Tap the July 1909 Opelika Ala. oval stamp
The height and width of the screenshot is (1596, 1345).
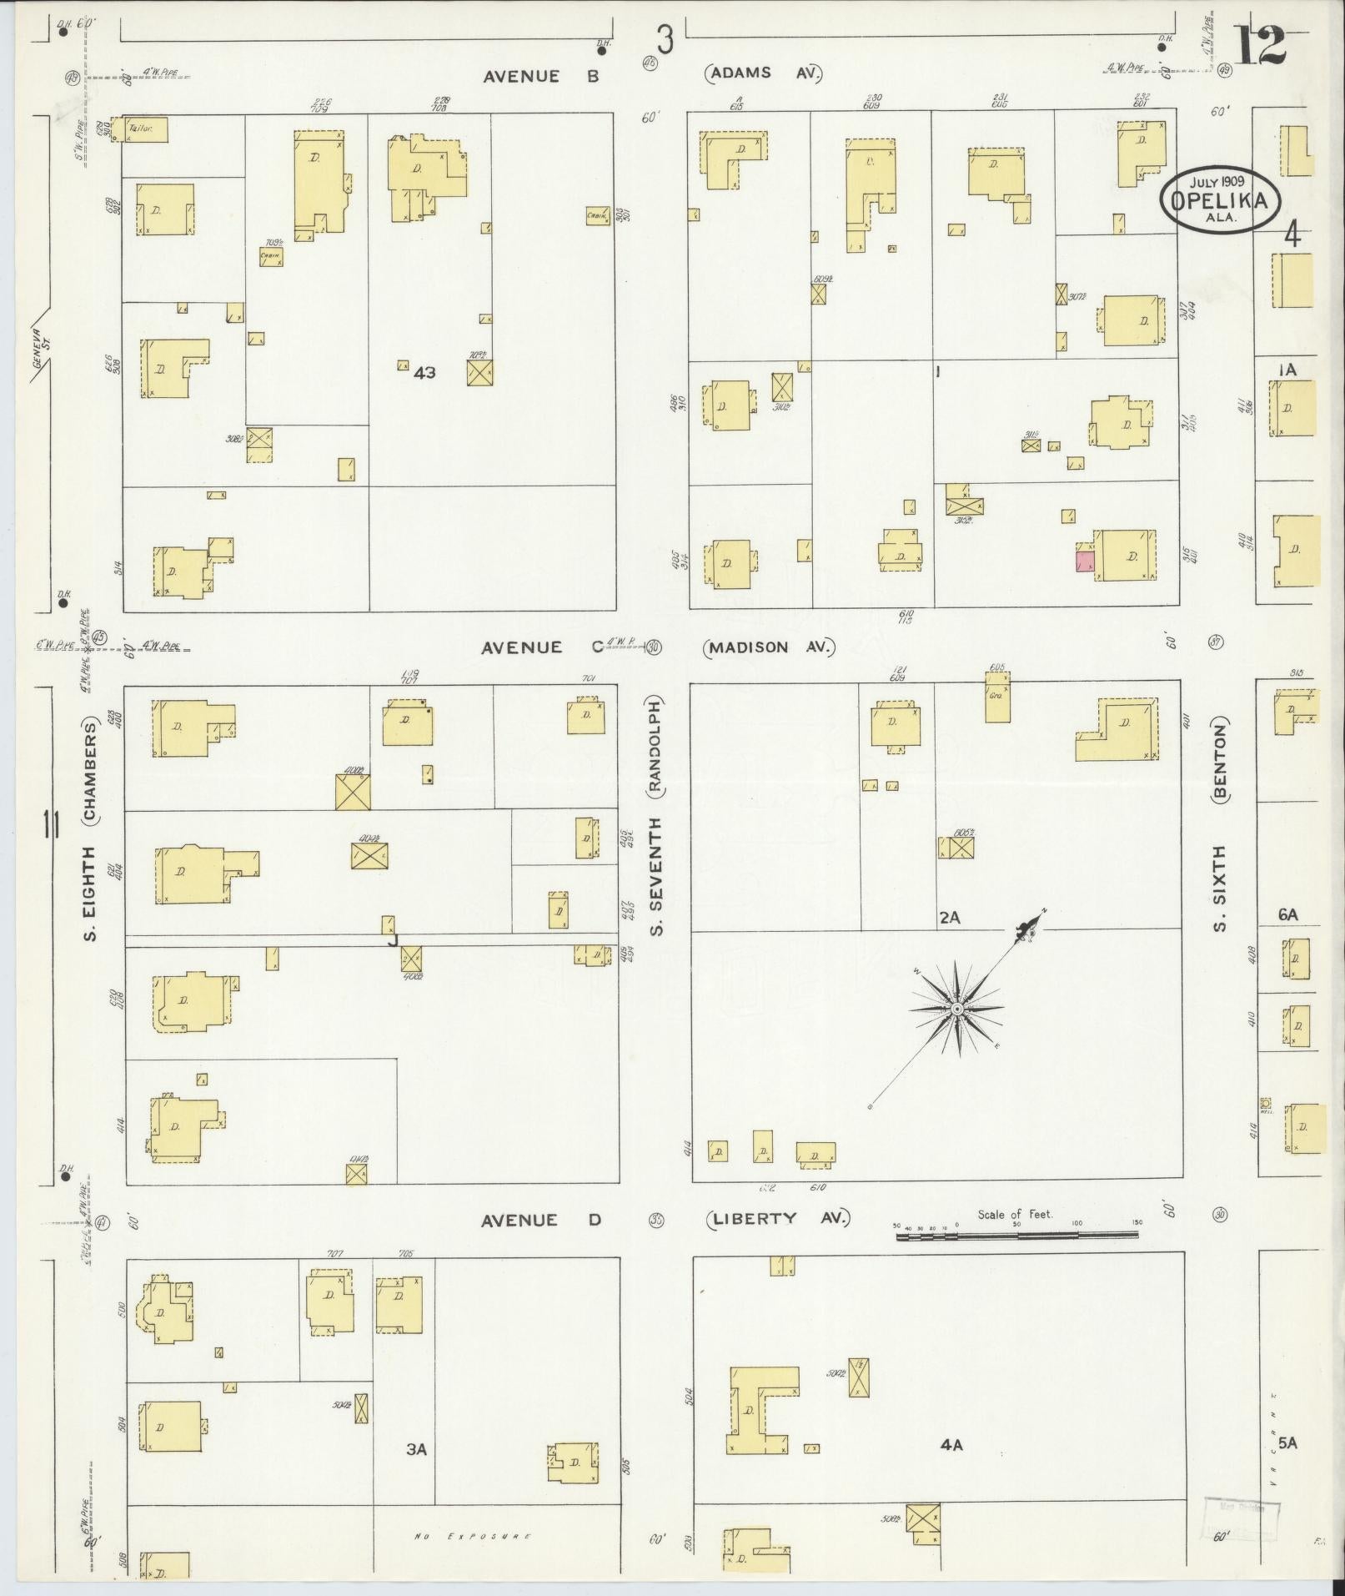(x=1218, y=199)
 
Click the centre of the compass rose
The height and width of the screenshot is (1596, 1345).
(x=957, y=1009)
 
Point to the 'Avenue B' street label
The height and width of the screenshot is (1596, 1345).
(x=543, y=76)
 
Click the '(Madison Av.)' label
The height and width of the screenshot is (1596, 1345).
(x=769, y=647)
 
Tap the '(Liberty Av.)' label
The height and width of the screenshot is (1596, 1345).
(x=777, y=1219)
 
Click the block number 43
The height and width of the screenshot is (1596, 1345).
(x=424, y=373)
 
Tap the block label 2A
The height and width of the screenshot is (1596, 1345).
(x=950, y=918)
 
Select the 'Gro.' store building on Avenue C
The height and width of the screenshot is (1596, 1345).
(x=997, y=700)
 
